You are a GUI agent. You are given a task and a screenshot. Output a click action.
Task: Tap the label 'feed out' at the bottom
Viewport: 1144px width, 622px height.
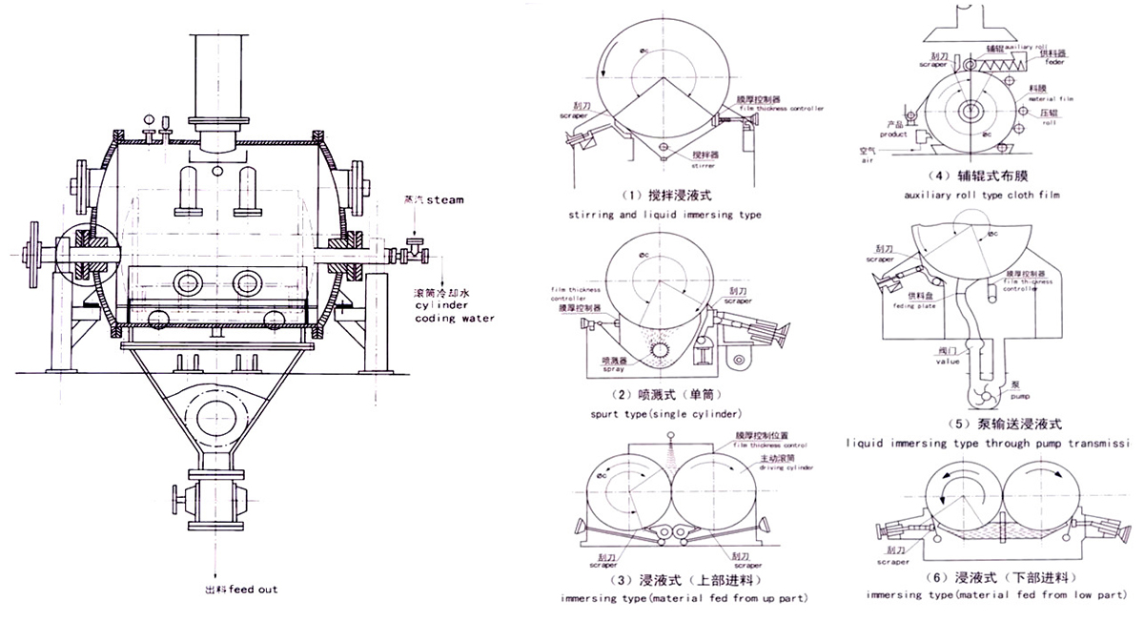[254, 590]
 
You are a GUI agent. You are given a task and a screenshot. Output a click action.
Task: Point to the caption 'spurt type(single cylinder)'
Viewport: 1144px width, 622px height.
[665, 414]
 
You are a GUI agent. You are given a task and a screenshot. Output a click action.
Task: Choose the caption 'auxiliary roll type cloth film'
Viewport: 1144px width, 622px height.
[984, 195]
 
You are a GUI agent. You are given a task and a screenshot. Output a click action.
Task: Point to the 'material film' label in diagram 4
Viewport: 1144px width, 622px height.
[1049, 97]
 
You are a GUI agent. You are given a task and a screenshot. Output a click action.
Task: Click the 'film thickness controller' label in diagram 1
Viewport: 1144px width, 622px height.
[781, 109]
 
